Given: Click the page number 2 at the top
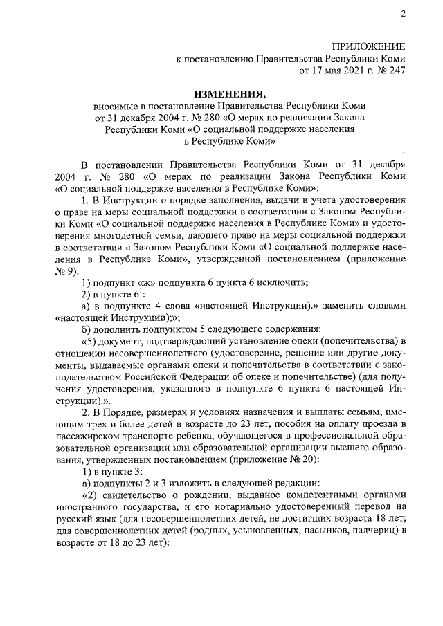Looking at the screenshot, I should [402, 15].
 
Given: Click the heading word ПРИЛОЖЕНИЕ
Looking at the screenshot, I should [371, 46].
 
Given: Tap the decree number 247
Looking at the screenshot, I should [397, 70].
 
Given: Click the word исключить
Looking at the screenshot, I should [282, 282].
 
